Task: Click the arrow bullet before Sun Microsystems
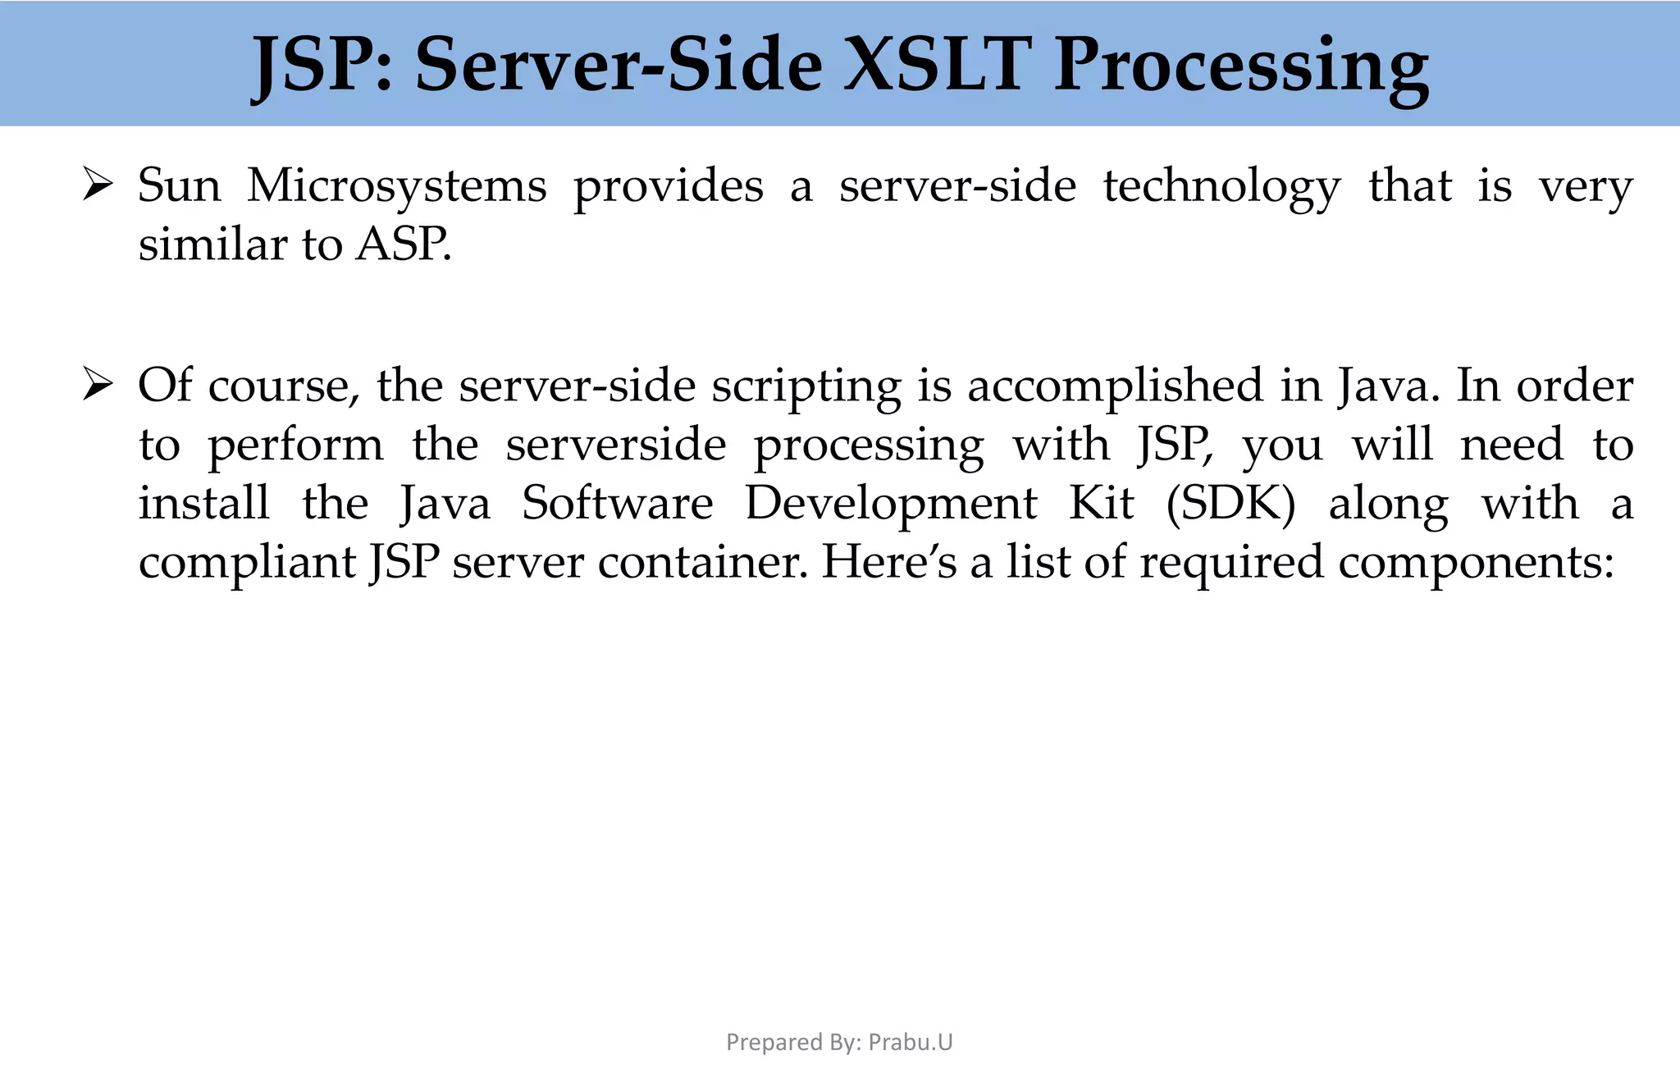point(98,185)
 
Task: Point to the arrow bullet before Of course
point(98,385)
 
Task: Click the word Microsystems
point(397,186)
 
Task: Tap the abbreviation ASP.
point(403,244)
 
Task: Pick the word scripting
point(806,386)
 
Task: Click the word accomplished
point(1116,386)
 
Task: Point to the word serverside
point(615,445)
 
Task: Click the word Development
point(891,505)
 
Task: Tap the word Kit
point(1101,503)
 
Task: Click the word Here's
point(889,563)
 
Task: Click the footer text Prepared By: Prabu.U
point(839,1042)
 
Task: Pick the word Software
point(618,503)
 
